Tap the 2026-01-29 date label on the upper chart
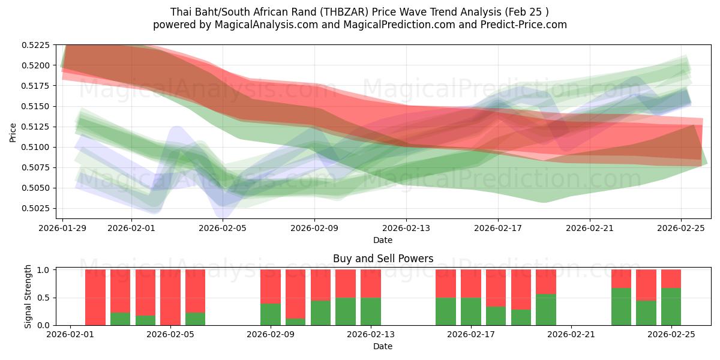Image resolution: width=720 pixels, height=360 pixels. (63, 228)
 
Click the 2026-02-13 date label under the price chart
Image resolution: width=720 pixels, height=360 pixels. (406, 228)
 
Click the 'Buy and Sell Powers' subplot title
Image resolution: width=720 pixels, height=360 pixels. (383, 259)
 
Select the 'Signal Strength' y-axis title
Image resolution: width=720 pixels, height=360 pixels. (28, 298)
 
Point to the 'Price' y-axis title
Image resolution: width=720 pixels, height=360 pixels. (13, 132)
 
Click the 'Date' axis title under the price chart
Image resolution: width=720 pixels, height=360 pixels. (383, 240)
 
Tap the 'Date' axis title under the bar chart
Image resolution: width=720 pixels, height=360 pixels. (383, 346)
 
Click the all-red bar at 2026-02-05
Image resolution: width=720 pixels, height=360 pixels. (170, 298)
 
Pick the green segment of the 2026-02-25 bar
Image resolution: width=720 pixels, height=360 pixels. (671, 307)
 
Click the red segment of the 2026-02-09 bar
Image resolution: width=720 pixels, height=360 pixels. (271, 286)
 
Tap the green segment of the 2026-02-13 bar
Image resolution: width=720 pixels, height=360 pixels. (371, 311)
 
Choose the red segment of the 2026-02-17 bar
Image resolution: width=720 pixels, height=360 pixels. (471, 283)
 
